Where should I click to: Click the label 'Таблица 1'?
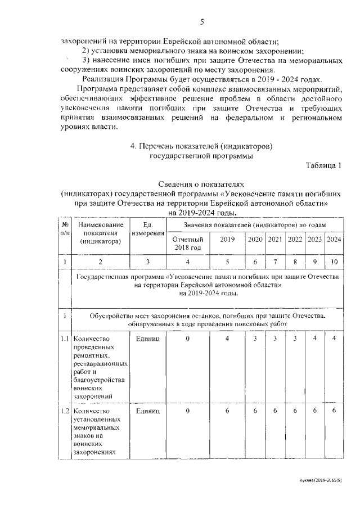(x=323, y=165)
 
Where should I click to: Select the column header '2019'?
(x=227, y=239)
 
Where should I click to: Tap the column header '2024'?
(x=334, y=239)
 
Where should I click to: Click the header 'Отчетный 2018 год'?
(x=187, y=243)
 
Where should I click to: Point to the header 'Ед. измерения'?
(x=147, y=229)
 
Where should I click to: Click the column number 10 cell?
(x=334, y=262)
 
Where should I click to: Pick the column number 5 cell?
(x=227, y=262)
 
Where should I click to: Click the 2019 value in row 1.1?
(x=227, y=339)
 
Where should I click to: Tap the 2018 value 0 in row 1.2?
(x=187, y=411)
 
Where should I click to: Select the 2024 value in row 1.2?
(x=334, y=411)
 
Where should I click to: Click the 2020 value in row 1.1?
(x=255, y=339)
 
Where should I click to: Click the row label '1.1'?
(x=65, y=339)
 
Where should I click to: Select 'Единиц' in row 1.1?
(x=147, y=339)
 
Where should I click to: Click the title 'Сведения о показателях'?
(x=201, y=183)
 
